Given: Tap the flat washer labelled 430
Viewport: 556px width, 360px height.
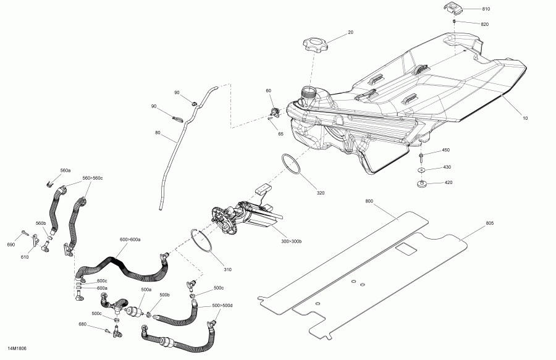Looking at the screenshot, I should click(x=421, y=168).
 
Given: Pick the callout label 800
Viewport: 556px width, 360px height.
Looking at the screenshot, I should click(x=370, y=201).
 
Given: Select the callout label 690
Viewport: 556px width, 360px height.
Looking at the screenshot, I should click(x=11, y=245).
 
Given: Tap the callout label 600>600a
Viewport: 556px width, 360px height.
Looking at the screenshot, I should click(x=130, y=240).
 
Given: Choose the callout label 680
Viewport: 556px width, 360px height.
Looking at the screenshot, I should click(x=99, y=324).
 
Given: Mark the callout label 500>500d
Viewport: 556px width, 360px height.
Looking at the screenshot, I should click(x=221, y=305).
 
